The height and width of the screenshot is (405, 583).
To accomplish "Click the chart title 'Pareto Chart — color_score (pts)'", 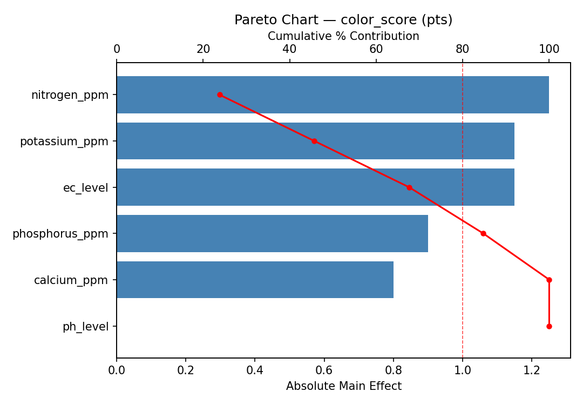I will point(343,20).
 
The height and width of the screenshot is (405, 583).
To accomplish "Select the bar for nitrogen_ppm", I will point(333,94).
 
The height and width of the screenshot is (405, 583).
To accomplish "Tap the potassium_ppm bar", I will point(315,141).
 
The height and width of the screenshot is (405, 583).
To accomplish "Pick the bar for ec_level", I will point(315,187).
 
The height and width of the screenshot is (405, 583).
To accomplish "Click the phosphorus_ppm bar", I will point(272,234).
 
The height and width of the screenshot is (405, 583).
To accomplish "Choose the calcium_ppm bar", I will point(255,280).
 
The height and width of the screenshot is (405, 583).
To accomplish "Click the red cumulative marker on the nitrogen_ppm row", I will point(220,94).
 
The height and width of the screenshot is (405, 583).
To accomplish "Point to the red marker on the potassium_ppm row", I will point(314,141).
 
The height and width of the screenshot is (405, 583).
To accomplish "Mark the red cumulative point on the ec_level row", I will point(409,187).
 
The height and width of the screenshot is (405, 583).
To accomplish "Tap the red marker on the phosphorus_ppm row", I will point(483,234).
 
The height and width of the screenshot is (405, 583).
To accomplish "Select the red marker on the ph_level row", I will point(549,326).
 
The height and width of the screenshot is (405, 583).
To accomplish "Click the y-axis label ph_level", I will point(85,327).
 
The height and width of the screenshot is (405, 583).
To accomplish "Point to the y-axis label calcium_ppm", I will point(71,280).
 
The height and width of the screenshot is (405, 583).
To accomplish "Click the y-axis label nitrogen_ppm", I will point(70,95).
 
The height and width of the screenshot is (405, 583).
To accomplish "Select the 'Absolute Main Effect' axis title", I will point(343,386).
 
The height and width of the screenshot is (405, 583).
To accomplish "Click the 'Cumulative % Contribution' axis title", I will point(343,36).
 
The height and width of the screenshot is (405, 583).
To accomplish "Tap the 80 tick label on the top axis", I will point(463,49).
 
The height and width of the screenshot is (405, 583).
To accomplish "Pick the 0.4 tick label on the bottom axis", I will point(255,371).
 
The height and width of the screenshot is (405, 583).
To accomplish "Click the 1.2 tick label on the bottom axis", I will point(532,371).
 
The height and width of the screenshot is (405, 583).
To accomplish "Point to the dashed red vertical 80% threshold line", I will point(463,302).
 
